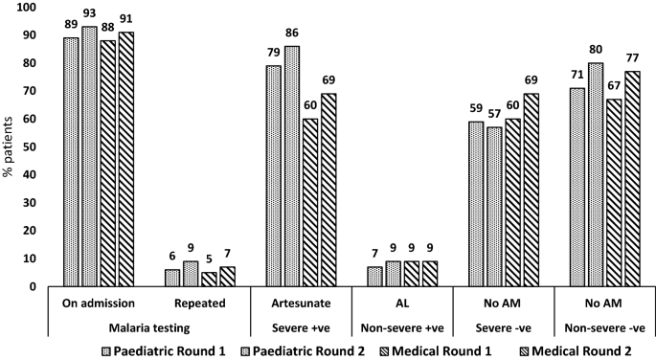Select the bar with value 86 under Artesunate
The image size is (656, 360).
290,167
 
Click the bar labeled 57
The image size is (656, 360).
493,207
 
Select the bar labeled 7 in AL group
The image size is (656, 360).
374,277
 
